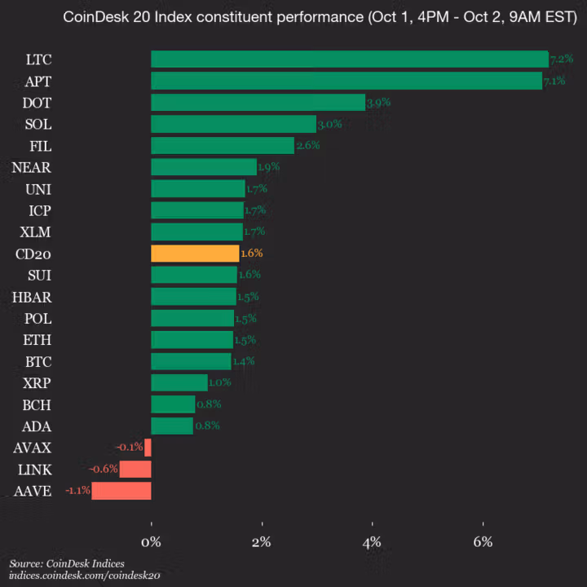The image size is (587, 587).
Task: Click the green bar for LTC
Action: coord(349,59)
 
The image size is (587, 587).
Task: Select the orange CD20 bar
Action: coord(195,254)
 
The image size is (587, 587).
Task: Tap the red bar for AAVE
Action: coord(121,491)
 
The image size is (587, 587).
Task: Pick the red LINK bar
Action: coord(135,469)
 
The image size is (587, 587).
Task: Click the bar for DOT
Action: coord(258,102)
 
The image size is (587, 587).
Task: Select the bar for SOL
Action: coord(233,124)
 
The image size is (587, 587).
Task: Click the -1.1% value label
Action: coord(77,491)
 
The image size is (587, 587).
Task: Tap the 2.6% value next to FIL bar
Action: coord(307,145)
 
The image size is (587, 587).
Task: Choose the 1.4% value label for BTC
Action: coord(244,360)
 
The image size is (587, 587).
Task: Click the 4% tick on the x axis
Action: coord(373,542)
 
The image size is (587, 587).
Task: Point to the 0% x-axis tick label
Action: coord(151,542)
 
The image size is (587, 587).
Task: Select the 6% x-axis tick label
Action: coord(483,542)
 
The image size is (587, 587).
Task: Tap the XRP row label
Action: coord(37,382)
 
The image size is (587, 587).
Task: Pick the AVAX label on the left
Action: coord(33,448)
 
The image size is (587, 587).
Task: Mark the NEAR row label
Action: coord(32,167)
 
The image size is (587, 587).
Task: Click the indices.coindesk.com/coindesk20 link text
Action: coord(85,576)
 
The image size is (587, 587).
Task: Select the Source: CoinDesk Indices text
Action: coord(67,563)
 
